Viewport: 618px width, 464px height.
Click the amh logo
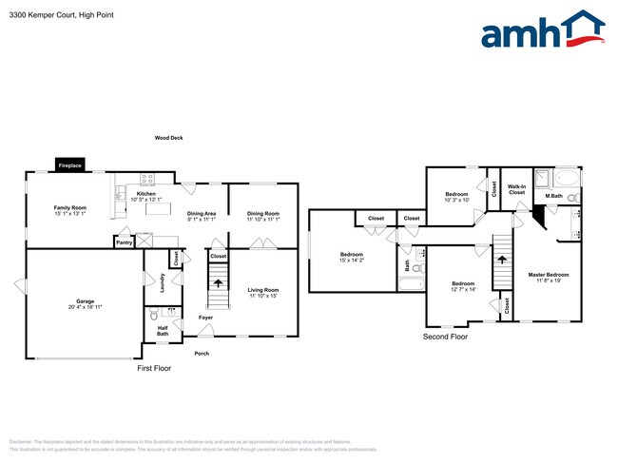pos(542,32)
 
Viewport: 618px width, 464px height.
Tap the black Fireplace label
pos(70,165)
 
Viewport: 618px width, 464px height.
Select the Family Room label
pos(69,210)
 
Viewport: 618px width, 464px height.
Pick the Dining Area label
pos(201,216)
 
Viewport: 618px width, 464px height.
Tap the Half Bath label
pos(163,330)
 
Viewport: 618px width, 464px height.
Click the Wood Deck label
pos(169,138)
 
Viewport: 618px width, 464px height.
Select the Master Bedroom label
pos(549,277)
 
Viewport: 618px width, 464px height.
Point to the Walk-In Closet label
pos(516,189)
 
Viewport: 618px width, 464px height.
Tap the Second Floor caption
pos(446,337)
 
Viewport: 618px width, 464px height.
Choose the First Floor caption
pos(154,367)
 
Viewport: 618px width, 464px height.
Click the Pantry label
pos(124,242)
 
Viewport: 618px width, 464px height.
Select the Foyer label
pos(205,317)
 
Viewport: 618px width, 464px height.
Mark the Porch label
pos(202,353)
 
